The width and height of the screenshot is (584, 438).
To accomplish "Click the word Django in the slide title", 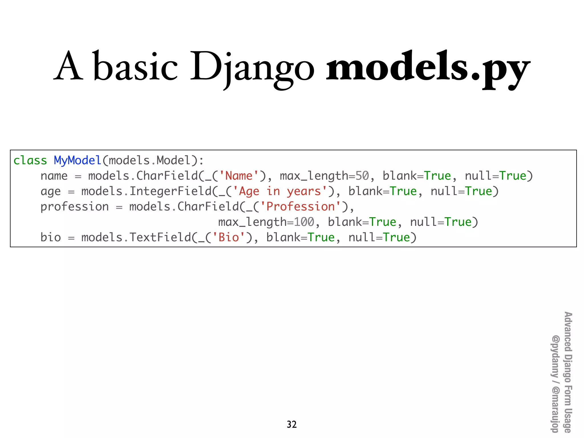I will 252,67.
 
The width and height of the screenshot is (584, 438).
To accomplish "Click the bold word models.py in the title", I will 428,67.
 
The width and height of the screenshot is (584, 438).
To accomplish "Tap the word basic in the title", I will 135,67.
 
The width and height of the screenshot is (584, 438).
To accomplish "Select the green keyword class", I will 30,160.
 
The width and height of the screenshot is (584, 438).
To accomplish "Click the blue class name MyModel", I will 78,160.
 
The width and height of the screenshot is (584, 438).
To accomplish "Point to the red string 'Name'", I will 239,176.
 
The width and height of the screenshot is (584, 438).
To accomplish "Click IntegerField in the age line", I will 171,191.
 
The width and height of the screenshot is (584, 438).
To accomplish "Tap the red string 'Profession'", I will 301,206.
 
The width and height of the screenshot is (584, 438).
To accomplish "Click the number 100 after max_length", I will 304,222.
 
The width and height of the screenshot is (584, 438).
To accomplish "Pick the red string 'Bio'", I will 229,237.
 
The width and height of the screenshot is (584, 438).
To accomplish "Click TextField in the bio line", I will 160,237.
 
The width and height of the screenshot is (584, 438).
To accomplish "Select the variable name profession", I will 74,206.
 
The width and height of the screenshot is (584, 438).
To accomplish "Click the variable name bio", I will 51,237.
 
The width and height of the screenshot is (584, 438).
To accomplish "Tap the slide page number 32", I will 292,424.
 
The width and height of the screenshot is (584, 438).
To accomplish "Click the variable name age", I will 51,192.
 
